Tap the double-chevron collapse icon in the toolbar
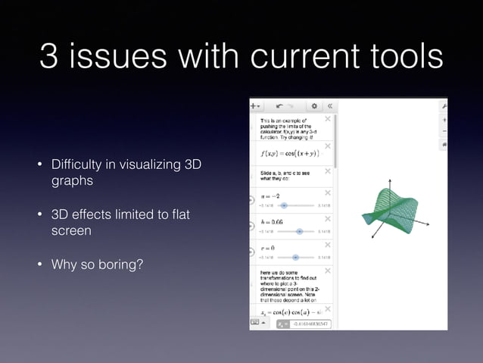(x=329, y=107)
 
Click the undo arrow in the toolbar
(x=280, y=107)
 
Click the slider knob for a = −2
(x=284, y=205)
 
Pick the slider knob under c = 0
(x=295, y=257)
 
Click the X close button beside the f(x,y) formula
(x=327, y=146)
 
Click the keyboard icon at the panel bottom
(x=255, y=324)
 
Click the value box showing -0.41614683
(x=307, y=324)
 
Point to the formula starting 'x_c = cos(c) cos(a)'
(x=291, y=311)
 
